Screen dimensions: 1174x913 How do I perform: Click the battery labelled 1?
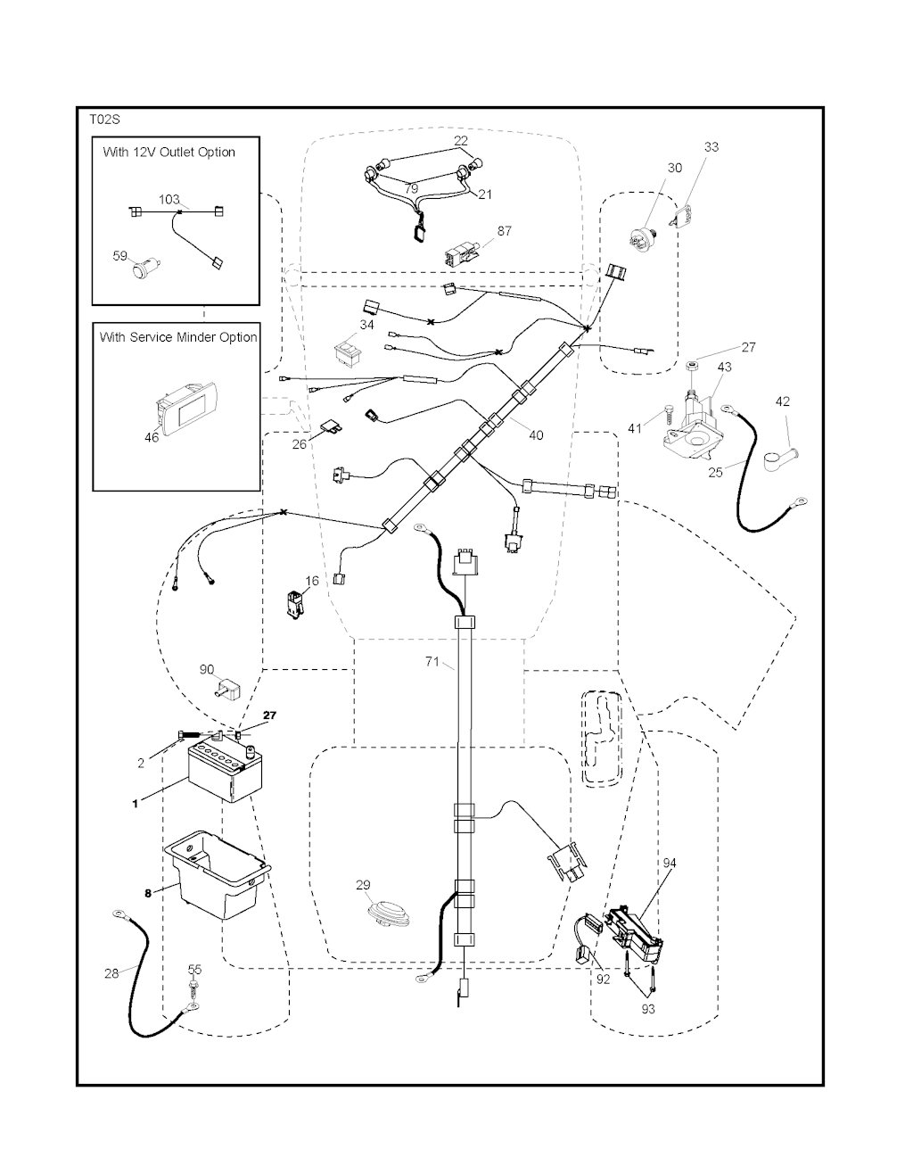[226, 773]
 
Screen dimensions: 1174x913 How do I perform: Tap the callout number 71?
[432, 662]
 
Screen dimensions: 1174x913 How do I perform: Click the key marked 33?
[685, 217]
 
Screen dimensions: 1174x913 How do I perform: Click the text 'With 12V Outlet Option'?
[169, 152]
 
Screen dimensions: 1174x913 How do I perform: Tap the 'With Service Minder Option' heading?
[177, 337]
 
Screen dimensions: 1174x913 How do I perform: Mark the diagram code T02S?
[104, 119]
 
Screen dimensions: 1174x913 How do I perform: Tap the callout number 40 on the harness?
[535, 435]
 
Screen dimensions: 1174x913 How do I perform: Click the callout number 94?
[670, 863]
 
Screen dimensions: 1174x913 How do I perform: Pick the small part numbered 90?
[229, 686]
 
